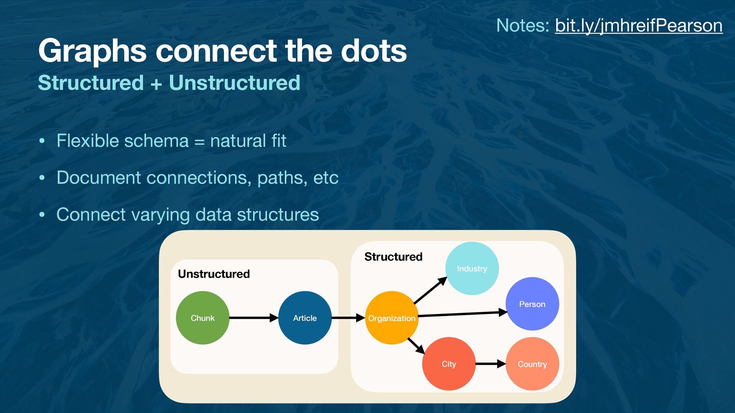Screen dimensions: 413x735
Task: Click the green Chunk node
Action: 203,318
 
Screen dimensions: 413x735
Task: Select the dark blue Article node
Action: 305,318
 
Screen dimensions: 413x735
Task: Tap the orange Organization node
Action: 391,318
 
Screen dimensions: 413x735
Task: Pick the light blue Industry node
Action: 472,268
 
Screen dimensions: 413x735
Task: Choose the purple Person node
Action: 532,304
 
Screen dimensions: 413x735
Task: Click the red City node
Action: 449,364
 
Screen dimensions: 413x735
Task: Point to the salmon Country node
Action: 532,364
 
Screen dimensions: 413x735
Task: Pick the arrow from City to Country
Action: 490,364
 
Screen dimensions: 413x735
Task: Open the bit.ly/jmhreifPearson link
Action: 639,26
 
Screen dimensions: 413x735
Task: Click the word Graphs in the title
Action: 92,51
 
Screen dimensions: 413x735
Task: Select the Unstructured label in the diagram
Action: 214,274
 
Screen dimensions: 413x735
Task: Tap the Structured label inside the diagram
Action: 393,257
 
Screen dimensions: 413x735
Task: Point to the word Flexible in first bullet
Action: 88,141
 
